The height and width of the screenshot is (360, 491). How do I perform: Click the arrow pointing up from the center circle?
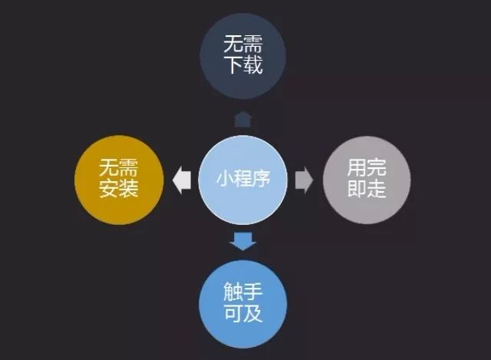[x=242, y=120]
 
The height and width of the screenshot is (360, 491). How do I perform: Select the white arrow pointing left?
[x=182, y=180]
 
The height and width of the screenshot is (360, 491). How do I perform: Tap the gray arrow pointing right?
[x=304, y=180]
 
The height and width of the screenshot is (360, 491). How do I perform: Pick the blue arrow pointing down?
[x=243, y=241]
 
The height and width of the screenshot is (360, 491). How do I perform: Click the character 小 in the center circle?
[x=225, y=179]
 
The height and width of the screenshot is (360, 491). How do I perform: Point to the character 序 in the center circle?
[x=261, y=179]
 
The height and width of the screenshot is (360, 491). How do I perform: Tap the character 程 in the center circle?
[x=243, y=179]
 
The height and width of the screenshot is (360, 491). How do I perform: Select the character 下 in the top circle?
[x=233, y=64]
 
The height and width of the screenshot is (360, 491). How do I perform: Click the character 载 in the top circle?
[x=253, y=64]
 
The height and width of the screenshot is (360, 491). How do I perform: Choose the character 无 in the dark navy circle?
[x=233, y=44]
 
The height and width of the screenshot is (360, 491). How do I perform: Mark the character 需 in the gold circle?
[x=128, y=167]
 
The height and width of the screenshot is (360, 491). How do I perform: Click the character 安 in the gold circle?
[x=109, y=188]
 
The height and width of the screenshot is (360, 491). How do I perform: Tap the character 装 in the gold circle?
[x=128, y=188]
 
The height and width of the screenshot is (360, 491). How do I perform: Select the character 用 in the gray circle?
[x=356, y=167]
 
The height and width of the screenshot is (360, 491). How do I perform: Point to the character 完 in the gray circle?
[x=377, y=167]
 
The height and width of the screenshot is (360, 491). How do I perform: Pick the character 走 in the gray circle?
[x=377, y=188]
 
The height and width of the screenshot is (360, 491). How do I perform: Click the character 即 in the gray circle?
[x=356, y=188]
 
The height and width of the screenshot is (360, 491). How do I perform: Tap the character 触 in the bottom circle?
[x=233, y=292]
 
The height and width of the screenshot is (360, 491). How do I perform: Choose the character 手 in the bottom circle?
[x=253, y=292]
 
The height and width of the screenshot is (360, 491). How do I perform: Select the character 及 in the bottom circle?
[x=253, y=312]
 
